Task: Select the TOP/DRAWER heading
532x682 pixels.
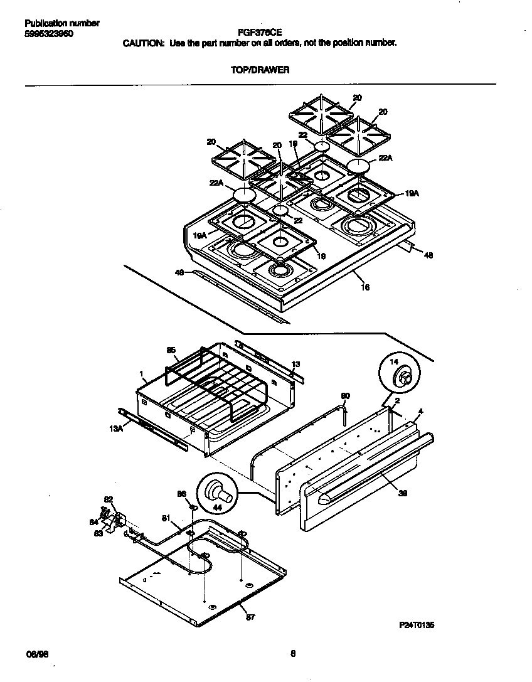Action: [259, 70]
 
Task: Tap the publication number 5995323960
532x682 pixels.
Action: [48, 34]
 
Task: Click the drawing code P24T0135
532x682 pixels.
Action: [417, 626]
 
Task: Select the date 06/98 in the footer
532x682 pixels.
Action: [37, 654]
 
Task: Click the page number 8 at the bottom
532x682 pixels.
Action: [292, 654]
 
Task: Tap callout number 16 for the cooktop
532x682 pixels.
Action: [366, 287]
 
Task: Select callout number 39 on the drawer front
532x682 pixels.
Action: [402, 494]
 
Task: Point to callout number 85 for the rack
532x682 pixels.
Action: [171, 349]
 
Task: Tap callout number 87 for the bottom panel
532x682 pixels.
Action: [250, 618]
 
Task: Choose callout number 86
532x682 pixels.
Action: [182, 494]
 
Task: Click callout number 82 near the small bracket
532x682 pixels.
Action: [108, 499]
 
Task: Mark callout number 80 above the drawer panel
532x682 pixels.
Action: [344, 396]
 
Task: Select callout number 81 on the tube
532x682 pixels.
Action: [166, 518]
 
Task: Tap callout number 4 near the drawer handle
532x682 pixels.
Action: [420, 412]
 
